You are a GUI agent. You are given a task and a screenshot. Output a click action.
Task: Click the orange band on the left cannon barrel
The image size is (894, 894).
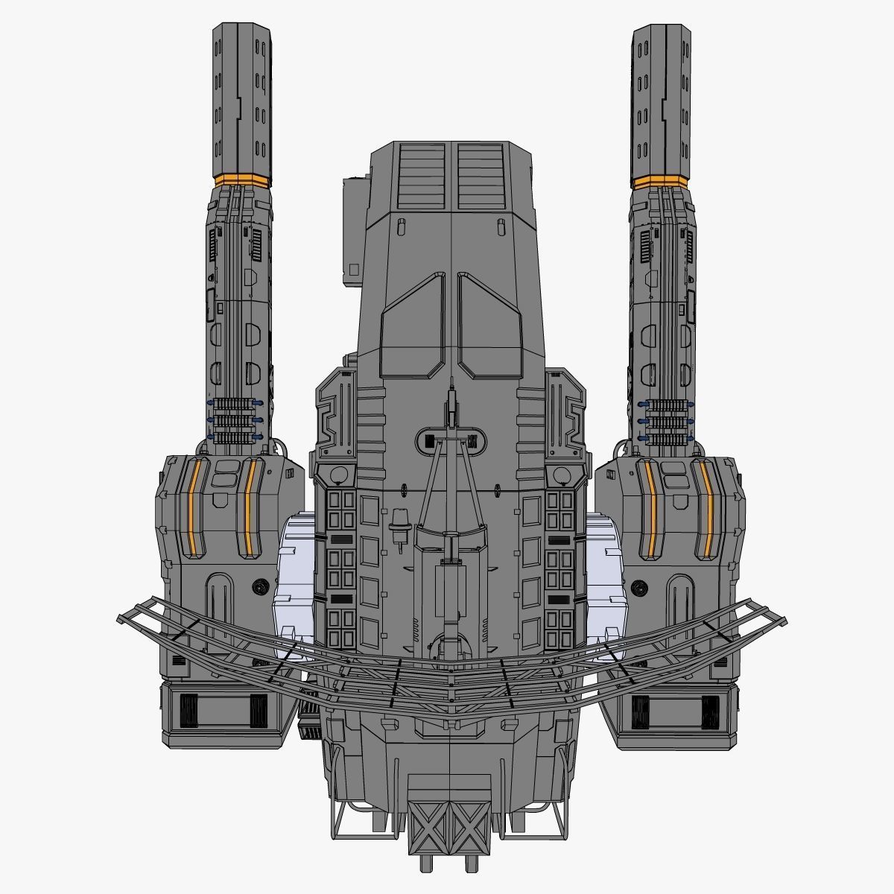pyautogui.click(x=242, y=180)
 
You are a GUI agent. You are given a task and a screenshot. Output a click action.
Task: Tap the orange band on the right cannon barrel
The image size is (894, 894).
pyautogui.click(x=659, y=180)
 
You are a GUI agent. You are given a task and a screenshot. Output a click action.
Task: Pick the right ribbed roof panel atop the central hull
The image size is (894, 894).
pyautogui.click(x=482, y=176)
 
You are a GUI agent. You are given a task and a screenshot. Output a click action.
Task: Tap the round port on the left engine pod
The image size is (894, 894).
pyautogui.click(x=260, y=586)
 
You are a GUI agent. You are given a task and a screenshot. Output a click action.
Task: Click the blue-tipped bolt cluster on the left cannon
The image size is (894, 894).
pyautogui.click(x=235, y=419)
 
